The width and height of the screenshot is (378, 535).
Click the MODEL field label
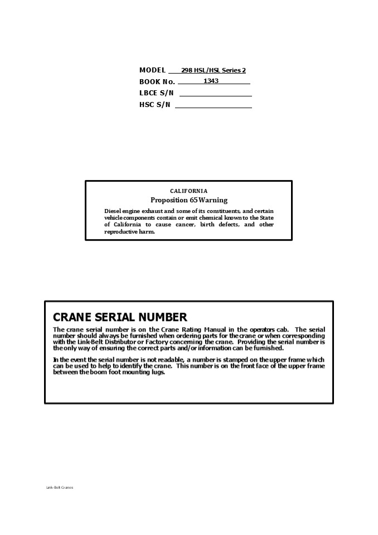coord(152,70)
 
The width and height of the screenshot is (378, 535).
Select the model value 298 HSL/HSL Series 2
coord(213,71)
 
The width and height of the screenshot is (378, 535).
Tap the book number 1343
coord(211,81)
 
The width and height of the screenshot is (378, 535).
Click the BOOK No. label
coord(157,82)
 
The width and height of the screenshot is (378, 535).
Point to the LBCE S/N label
coord(156,93)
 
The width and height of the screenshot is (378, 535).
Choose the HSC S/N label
coord(154,104)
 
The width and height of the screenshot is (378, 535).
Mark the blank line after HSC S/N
coord(213,107)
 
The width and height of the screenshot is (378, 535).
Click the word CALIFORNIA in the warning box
coord(188,191)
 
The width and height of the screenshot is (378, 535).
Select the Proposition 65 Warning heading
coord(189,200)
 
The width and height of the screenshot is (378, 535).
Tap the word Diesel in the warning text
coord(113,211)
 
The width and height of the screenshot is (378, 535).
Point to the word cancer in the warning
coord(202,225)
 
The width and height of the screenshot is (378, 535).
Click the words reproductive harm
coord(129,232)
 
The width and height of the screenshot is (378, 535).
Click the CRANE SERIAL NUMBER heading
coord(120,317)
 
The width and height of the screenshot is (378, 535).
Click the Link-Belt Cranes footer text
coord(60,488)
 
